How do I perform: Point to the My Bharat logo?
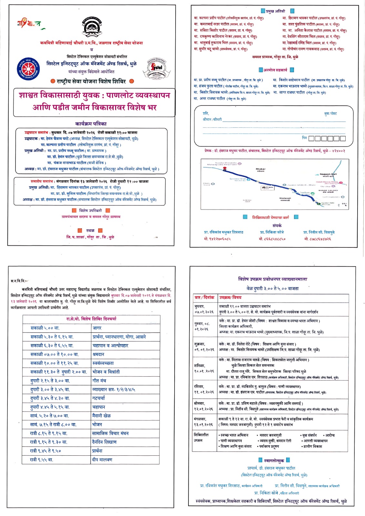(30, 24)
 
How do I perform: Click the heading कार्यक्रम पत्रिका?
(91, 124)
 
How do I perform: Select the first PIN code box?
(311, 138)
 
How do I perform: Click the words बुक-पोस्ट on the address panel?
(330, 114)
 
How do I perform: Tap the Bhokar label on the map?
(260, 169)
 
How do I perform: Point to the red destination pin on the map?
(225, 168)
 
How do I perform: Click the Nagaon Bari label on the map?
(328, 175)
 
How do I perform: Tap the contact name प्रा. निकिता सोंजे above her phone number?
(272, 232)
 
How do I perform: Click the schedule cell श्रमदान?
(99, 354)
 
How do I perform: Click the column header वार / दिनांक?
(204, 297)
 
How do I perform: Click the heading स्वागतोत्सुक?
(274, 460)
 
